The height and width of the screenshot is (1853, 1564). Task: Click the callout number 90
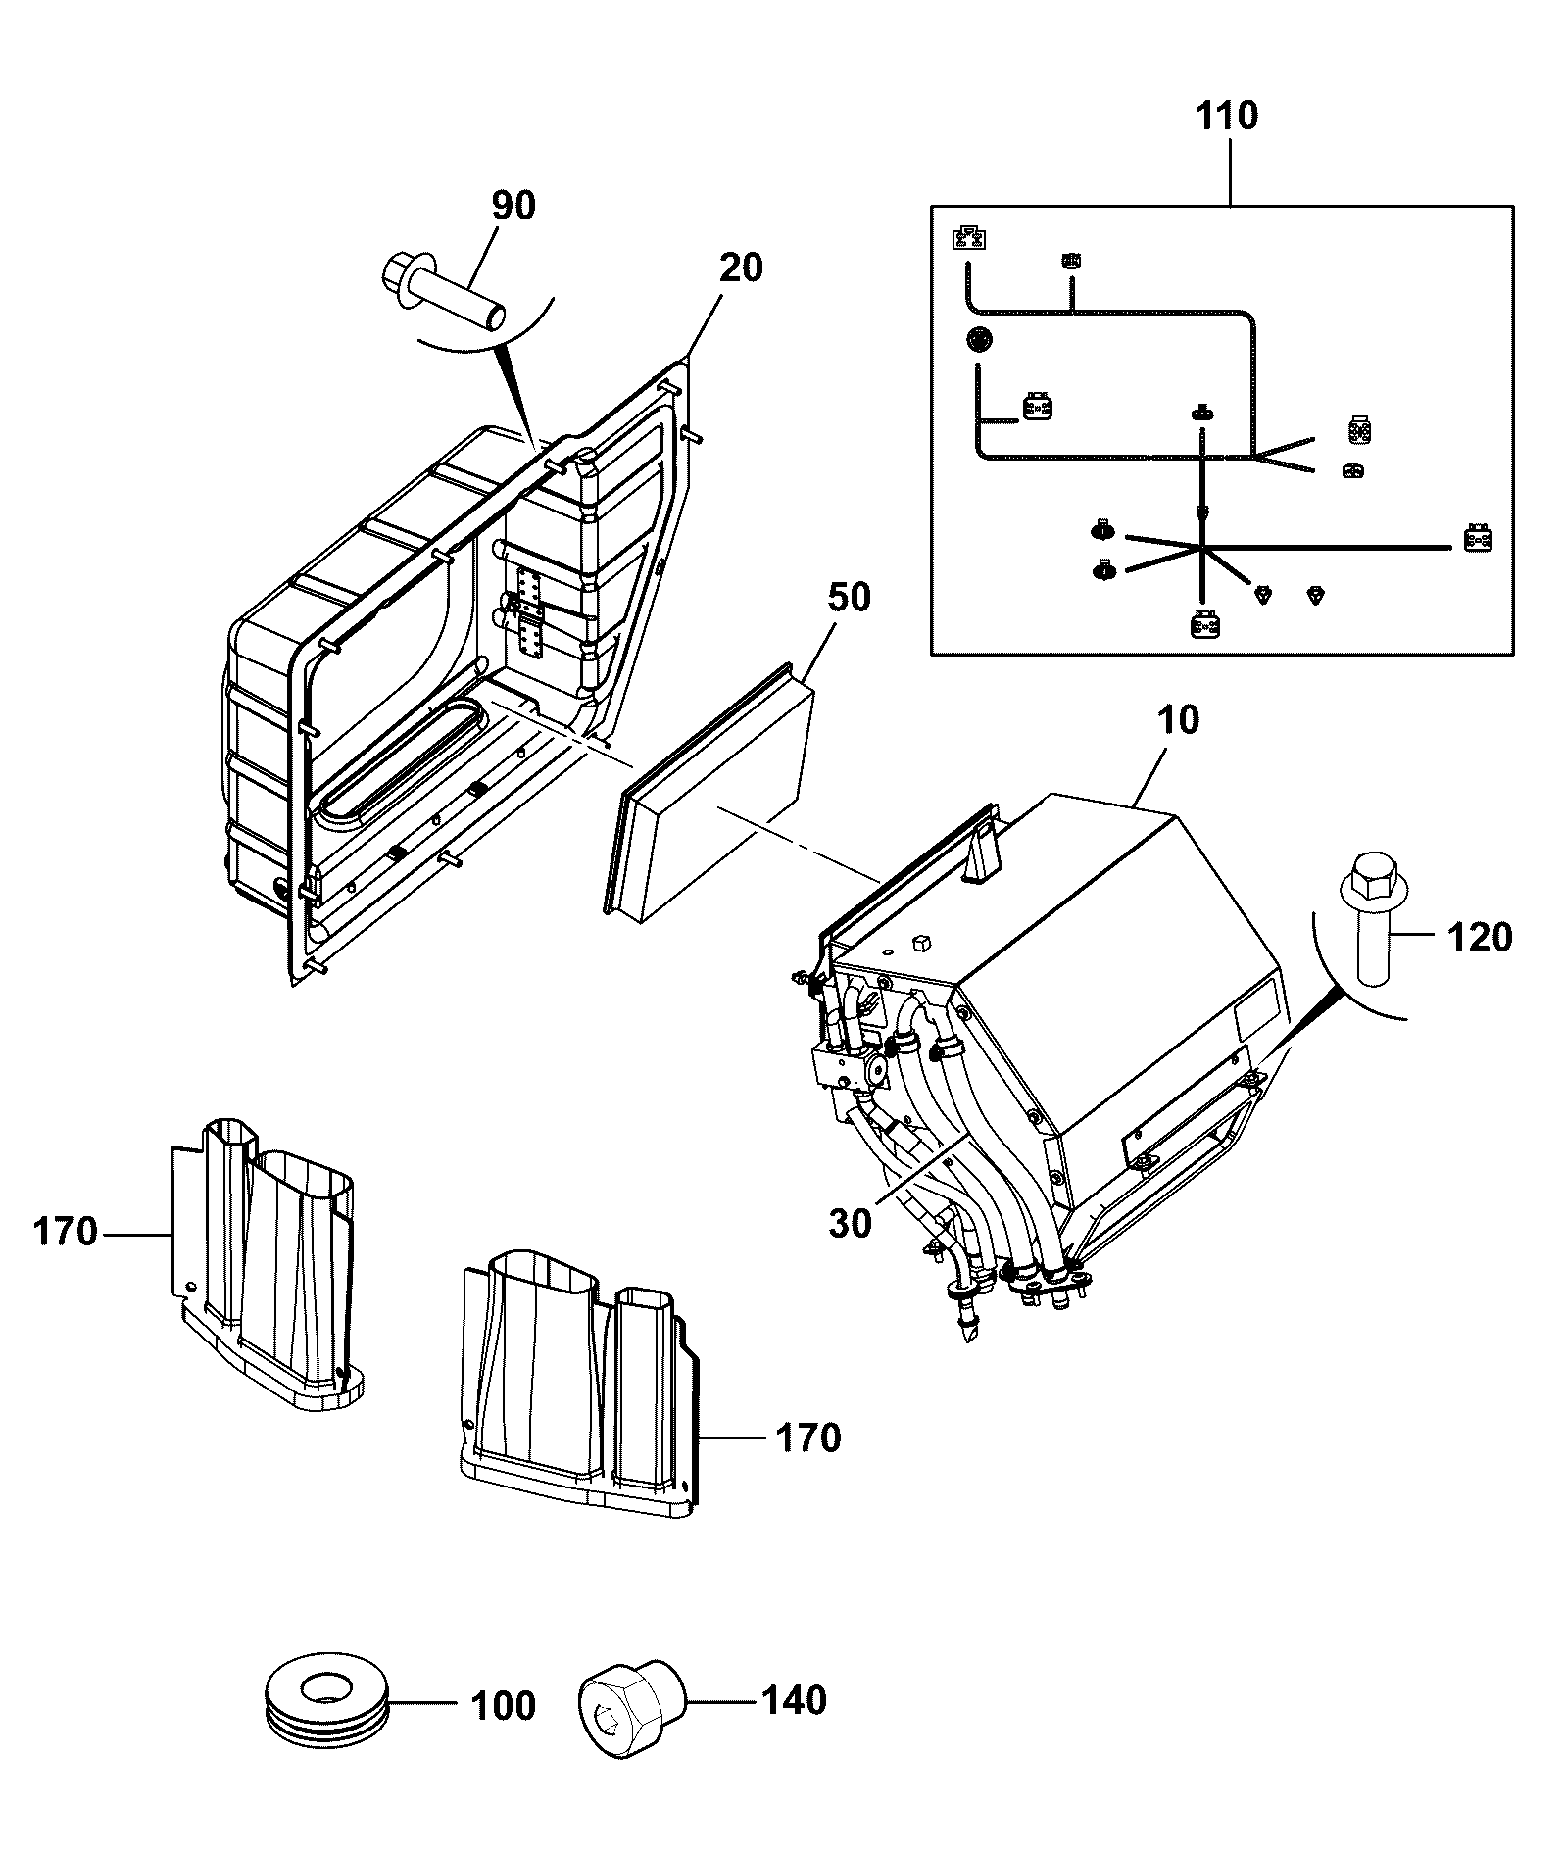(x=513, y=206)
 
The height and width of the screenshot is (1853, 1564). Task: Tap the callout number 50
(x=849, y=597)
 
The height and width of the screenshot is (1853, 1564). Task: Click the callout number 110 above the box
(x=1226, y=116)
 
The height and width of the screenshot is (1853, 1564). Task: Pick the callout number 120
(x=1480, y=938)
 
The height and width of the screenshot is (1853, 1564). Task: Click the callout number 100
(x=503, y=1706)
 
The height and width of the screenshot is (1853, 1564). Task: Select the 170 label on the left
(x=65, y=1232)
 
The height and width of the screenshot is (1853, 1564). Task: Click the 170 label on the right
(x=808, y=1439)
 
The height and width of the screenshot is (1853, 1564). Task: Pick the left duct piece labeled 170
(x=265, y=1263)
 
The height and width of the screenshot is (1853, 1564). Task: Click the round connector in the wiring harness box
(x=978, y=340)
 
